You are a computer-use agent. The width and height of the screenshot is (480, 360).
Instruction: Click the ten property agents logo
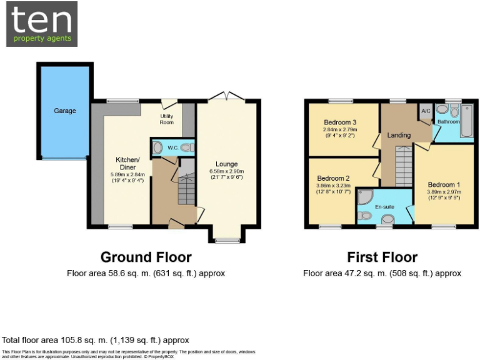click(x=42, y=24)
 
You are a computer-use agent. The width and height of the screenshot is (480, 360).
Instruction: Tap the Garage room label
click(x=64, y=111)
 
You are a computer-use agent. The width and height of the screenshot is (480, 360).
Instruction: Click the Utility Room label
click(x=167, y=119)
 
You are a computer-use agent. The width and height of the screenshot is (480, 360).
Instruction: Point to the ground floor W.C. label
click(x=173, y=148)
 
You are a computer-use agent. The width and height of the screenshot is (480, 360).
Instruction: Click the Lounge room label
click(x=226, y=164)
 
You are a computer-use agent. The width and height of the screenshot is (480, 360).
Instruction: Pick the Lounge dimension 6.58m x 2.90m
click(x=226, y=172)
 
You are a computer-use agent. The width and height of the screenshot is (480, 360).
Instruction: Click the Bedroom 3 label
click(x=340, y=122)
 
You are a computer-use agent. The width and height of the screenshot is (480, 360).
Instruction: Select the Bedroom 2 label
click(x=333, y=178)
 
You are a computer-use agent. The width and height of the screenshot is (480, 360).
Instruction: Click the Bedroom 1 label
click(x=444, y=184)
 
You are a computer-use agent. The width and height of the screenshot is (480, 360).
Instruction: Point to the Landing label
click(x=399, y=135)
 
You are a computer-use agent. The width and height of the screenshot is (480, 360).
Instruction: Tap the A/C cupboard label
click(x=426, y=111)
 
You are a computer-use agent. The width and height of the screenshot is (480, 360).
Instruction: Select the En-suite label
click(x=384, y=206)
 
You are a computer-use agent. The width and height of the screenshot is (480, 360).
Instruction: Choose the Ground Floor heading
click(x=146, y=257)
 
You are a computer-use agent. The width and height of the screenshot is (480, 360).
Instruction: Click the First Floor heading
click(x=382, y=257)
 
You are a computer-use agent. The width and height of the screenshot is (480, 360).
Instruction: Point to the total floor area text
click(x=95, y=340)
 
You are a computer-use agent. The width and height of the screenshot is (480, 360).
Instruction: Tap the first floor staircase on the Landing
click(x=404, y=166)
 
